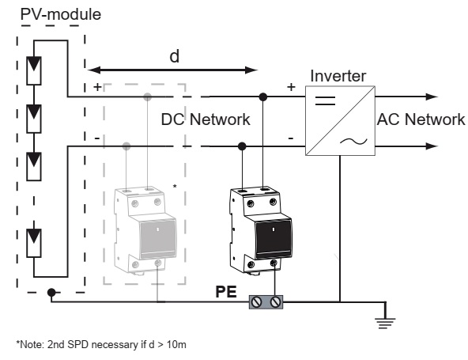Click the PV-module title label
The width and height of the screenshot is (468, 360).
[x=61, y=14]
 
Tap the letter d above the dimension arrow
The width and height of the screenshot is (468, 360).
[x=175, y=56]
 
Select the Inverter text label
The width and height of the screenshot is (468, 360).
[x=338, y=76]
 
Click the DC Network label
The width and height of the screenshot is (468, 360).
[x=206, y=119]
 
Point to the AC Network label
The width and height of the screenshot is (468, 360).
[x=421, y=119]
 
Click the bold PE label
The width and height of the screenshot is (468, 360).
[x=226, y=292]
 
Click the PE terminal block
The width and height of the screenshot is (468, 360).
[x=266, y=302]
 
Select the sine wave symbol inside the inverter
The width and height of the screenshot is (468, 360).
[x=353, y=141]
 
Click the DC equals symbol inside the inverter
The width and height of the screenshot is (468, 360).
[x=326, y=100]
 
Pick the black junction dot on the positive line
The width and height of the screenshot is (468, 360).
[x=263, y=97]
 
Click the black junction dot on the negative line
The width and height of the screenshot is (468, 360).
[x=242, y=146]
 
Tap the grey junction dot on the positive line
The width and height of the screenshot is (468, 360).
[x=148, y=97]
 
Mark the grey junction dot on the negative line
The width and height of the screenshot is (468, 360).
[x=126, y=146]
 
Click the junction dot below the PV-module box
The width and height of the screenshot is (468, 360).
[x=51, y=292]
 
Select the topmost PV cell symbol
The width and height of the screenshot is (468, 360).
[x=34, y=70]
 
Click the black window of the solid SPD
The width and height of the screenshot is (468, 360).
[x=274, y=239]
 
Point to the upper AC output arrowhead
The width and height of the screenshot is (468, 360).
[x=432, y=97]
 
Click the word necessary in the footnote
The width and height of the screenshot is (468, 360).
[x=114, y=344]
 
